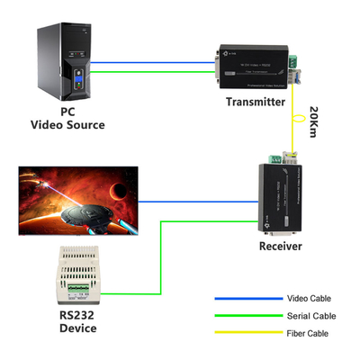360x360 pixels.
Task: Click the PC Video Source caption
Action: pyautogui.click(x=67, y=119)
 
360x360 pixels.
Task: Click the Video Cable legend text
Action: pyautogui.click(x=308, y=299)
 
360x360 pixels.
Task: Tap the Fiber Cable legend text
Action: pyautogui.click(x=308, y=334)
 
